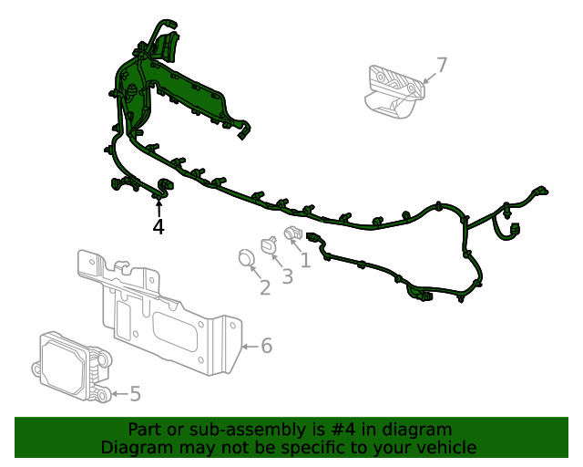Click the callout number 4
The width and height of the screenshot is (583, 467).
point(159,227)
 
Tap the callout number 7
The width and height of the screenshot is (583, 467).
point(442,65)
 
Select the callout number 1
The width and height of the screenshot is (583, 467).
point(305,260)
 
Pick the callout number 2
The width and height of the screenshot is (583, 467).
point(265,288)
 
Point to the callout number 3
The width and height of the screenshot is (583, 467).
point(287,276)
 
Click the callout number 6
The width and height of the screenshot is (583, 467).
point(266,346)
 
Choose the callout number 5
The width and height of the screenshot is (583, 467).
point(135,394)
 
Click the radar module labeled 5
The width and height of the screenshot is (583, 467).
point(71,366)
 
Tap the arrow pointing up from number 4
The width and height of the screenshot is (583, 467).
point(159,206)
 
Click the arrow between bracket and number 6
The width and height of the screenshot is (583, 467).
point(250,346)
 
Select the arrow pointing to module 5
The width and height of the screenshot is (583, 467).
point(118,394)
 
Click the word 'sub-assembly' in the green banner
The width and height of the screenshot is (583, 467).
point(258,430)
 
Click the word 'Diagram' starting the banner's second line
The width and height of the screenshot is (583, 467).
point(134,447)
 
